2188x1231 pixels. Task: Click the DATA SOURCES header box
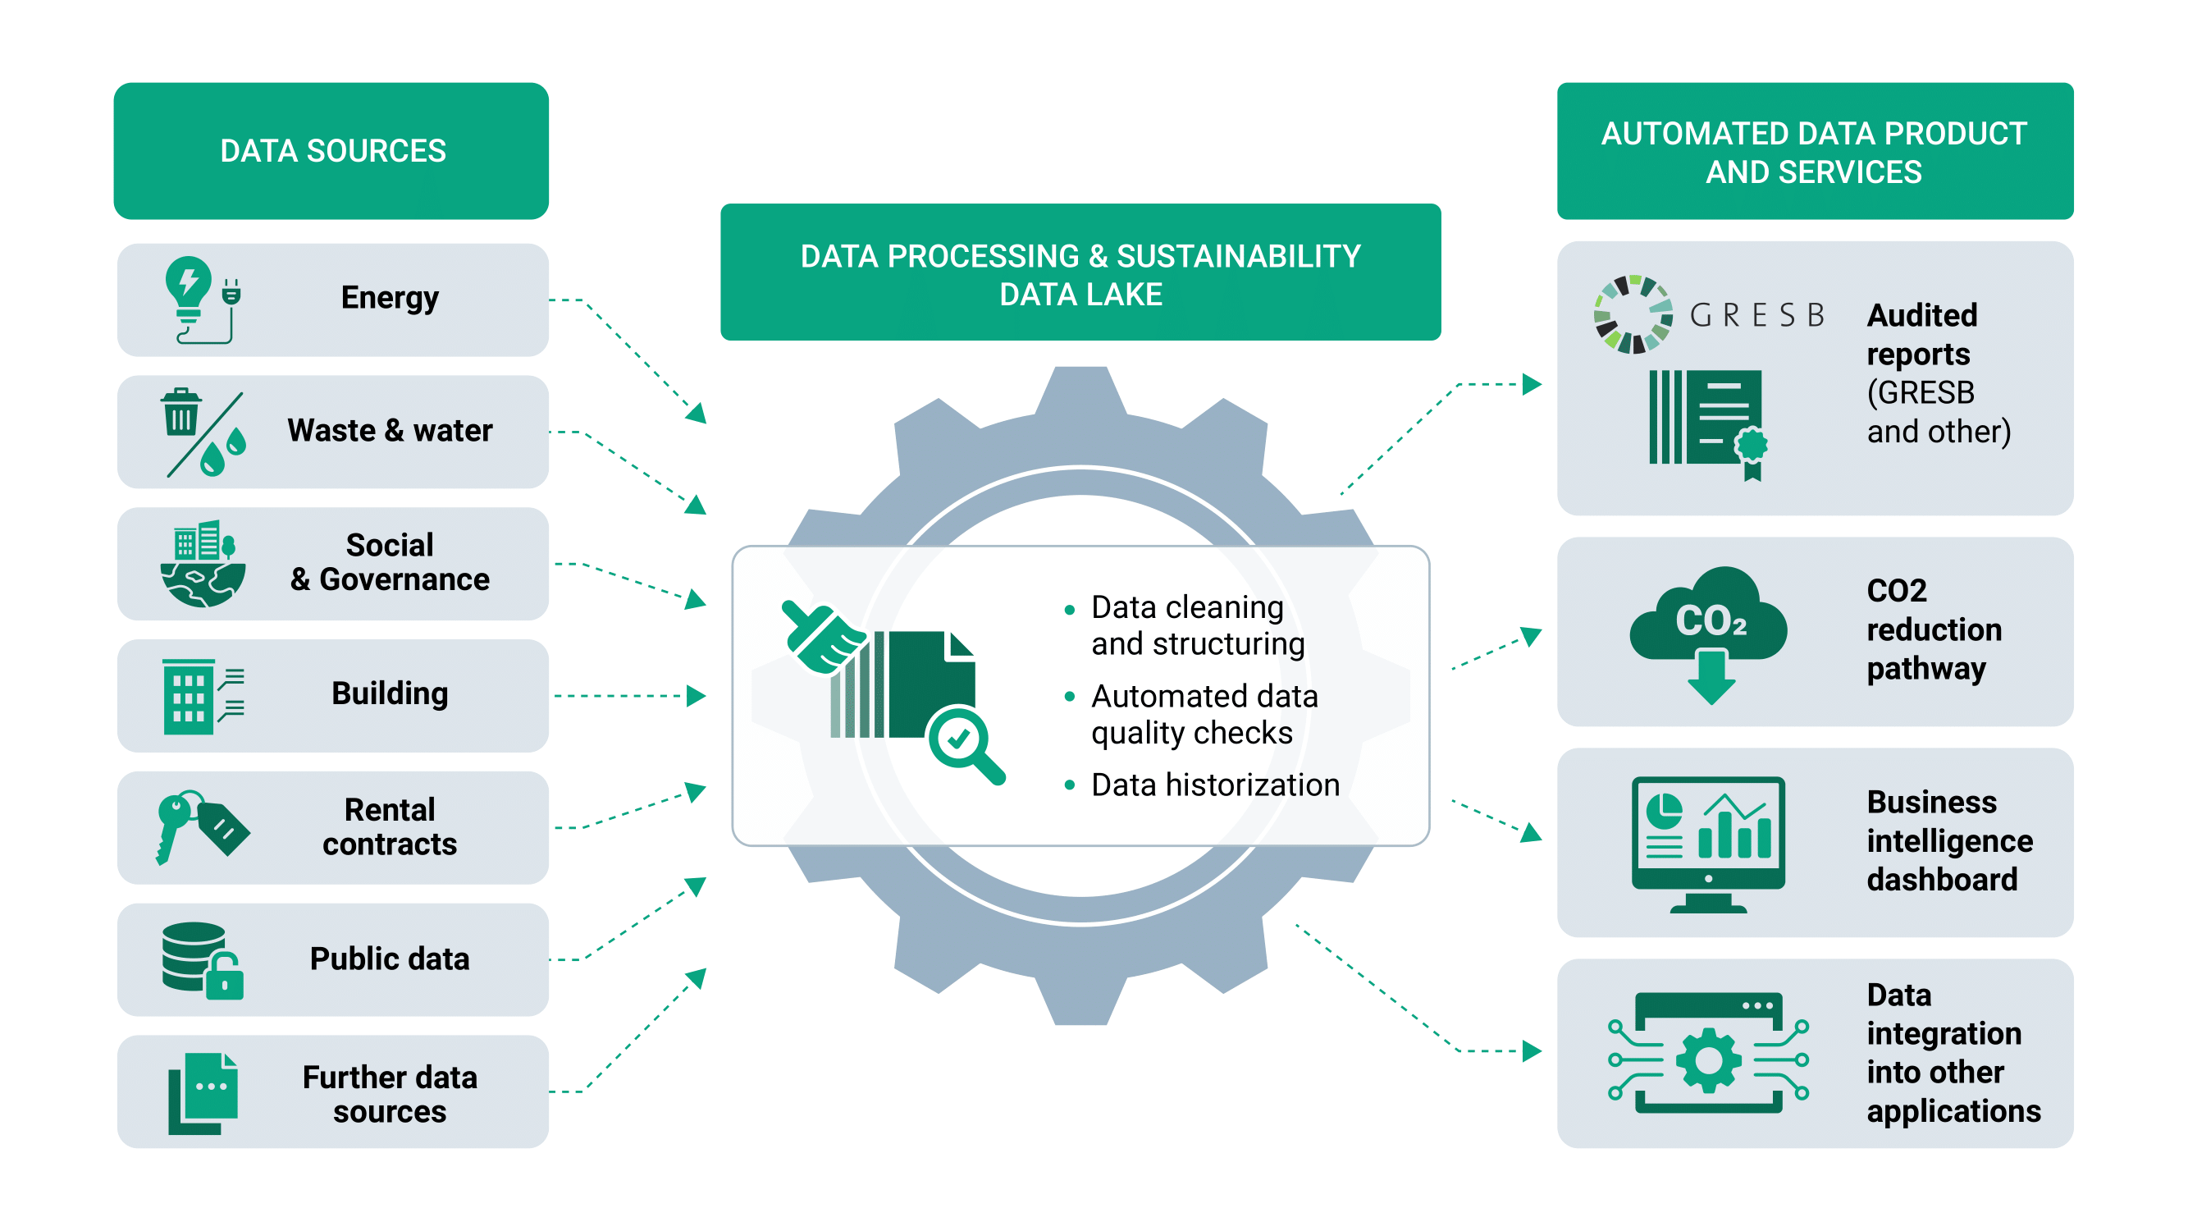click(331, 150)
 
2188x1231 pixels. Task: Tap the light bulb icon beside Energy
click(188, 287)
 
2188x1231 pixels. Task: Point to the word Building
click(390, 693)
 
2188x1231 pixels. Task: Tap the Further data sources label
click(390, 1093)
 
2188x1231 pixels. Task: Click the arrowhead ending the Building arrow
click(697, 696)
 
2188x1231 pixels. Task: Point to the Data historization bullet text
click(1215, 785)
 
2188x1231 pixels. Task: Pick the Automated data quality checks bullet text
click(1204, 715)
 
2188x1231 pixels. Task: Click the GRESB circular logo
click(1633, 314)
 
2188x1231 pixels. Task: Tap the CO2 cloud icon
click(1709, 620)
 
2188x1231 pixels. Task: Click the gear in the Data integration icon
click(1708, 1059)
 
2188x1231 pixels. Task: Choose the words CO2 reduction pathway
click(1934, 629)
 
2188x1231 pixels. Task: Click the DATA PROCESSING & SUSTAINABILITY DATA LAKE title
click(1080, 274)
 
